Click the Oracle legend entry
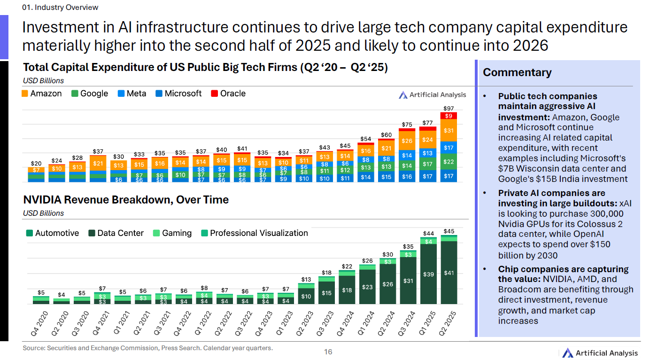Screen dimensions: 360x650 point(228,94)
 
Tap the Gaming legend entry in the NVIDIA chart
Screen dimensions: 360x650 point(172,233)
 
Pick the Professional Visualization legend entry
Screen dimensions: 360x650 point(254,233)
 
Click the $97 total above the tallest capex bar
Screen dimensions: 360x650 point(449,109)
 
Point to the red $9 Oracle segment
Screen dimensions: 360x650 point(449,116)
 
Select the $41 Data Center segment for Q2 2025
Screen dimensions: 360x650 point(449,273)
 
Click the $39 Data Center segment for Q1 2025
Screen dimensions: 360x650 point(428,274)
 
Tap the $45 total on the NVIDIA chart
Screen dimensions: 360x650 point(449,231)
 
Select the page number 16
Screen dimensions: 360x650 point(328,352)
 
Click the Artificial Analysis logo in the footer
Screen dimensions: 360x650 point(600,353)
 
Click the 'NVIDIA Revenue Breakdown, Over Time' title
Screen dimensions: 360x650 point(126,200)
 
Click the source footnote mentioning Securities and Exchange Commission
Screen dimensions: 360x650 point(147,348)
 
